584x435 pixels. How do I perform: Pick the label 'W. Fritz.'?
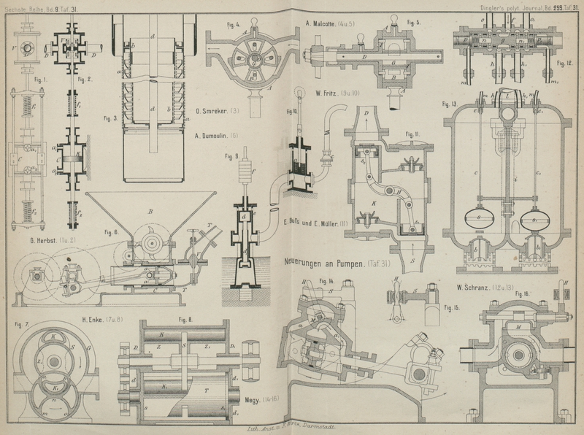coord(329,93)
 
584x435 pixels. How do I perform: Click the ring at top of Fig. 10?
coord(299,92)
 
